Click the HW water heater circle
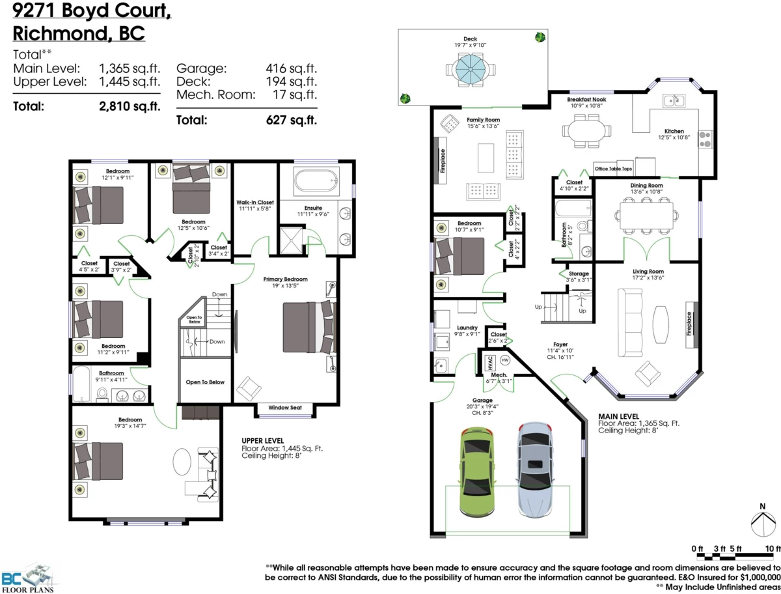point(504,360)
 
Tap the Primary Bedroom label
point(285,279)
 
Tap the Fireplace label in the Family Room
point(442,160)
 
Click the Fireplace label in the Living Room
point(689,323)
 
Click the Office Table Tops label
point(613,169)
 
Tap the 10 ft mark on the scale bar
point(773,548)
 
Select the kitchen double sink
point(673,100)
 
